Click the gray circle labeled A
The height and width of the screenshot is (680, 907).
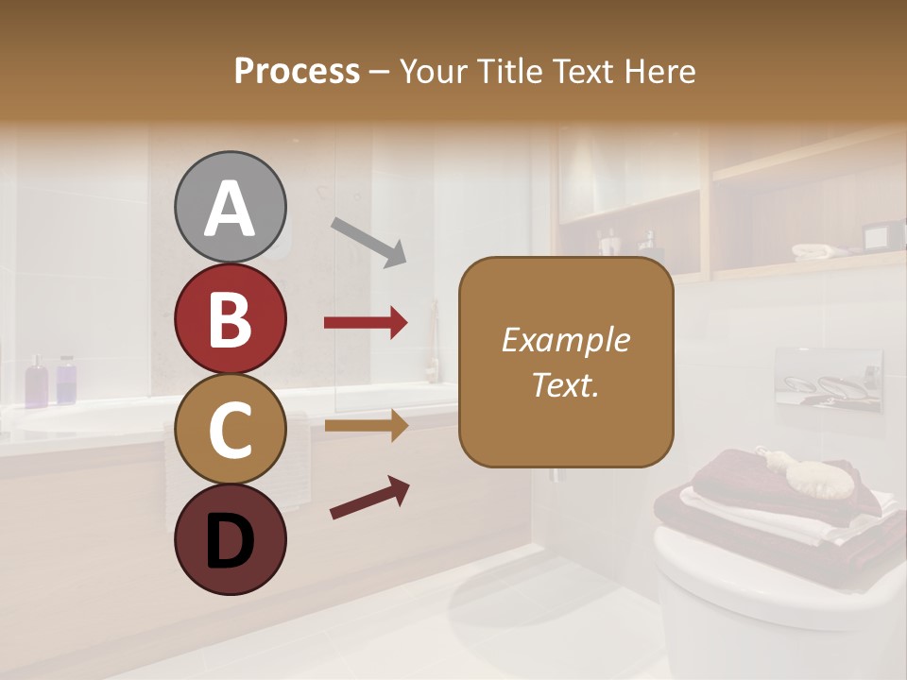[230, 207]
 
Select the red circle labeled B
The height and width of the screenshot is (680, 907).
[230, 318]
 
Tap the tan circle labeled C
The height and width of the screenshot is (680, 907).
[230, 429]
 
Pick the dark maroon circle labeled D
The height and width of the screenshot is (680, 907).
[230, 539]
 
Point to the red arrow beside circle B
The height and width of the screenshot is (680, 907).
[366, 323]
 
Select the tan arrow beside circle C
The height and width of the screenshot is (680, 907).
[366, 426]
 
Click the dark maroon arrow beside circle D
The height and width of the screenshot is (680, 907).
[369, 498]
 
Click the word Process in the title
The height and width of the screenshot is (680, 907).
[297, 72]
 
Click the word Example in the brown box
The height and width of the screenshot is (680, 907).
[565, 340]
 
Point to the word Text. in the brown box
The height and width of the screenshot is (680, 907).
[565, 384]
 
